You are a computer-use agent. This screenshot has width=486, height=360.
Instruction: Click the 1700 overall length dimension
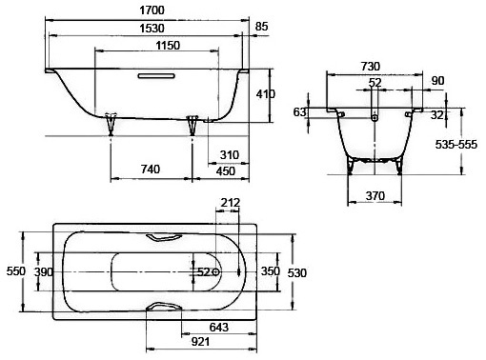pos(152,10)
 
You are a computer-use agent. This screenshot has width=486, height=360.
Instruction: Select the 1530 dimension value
pos(152,29)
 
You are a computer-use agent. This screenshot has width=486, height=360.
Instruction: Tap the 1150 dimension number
pos(168,46)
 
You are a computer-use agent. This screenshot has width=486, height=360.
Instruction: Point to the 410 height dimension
pos(266,94)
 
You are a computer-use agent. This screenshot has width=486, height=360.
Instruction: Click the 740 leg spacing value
pos(151,170)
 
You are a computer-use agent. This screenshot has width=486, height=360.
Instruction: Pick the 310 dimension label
pos(230,155)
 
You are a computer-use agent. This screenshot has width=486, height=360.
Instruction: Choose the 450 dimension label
pos(226,171)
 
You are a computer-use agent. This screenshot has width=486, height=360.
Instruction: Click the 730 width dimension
pos(371,67)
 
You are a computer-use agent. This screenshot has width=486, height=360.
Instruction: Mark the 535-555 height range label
pos(456,145)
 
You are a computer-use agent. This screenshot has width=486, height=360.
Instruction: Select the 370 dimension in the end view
pos(375,195)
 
